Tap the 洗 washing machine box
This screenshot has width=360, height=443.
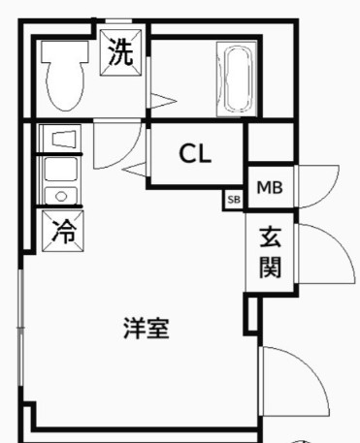121,52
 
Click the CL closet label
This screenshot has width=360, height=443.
195,154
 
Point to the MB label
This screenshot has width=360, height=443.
269,187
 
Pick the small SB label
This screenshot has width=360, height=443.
233,200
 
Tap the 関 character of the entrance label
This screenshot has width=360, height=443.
270,267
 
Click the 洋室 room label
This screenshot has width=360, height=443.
147,328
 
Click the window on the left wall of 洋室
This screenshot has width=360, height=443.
20,330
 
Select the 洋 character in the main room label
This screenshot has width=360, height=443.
134,328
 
